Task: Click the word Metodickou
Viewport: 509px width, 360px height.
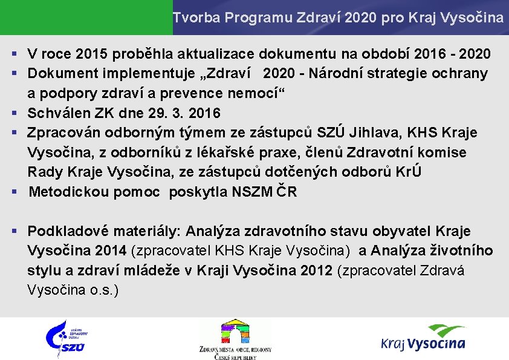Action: (x=63, y=192)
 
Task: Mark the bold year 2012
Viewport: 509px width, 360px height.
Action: (x=316, y=270)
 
